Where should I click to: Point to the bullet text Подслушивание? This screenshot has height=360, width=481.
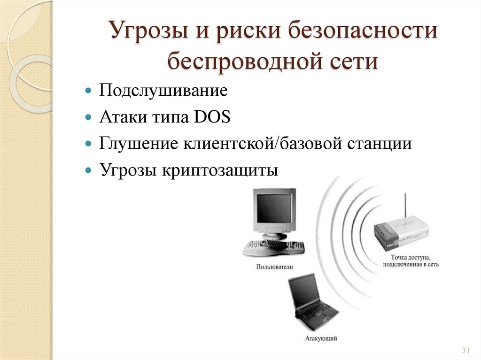click(x=163, y=91)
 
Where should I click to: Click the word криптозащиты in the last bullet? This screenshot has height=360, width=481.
click(x=220, y=170)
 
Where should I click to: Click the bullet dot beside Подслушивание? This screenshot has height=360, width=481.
click(x=88, y=90)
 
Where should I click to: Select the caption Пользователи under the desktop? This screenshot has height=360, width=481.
click(x=274, y=267)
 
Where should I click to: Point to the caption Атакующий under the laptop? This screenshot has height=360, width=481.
click(x=321, y=338)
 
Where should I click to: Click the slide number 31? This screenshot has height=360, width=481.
click(x=466, y=351)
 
